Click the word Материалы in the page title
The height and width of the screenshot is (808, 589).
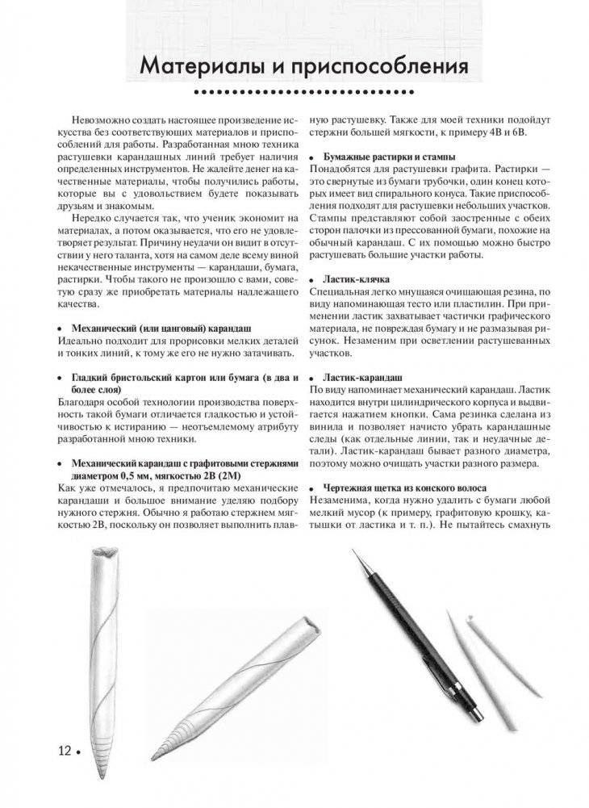(192, 65)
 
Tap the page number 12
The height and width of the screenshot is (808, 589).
(65, 751)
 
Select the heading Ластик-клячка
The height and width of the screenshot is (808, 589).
(357, 278)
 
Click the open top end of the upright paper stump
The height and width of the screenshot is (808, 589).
(106, 555)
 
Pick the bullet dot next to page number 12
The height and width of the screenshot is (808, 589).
(79, 753)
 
